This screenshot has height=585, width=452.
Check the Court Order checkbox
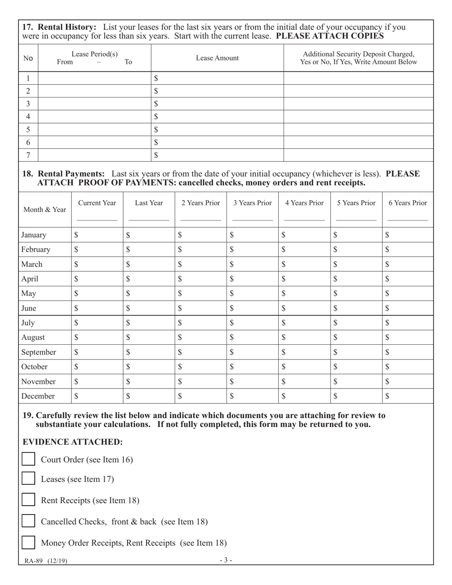(x=29, y=459)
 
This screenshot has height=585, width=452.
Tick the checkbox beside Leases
(x=29, y=479)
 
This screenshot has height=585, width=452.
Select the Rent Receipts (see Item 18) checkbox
(x=29, y=500)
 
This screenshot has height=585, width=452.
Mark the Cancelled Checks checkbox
(x=29, y=521)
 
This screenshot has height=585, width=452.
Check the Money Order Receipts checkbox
(x=29, y=542)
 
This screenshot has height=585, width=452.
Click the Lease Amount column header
(x=217, y=58)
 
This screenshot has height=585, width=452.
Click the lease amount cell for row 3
(x=217, y=104)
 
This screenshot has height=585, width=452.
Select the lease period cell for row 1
(x=94, y=78)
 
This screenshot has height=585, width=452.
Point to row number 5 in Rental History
(x=28, y=129)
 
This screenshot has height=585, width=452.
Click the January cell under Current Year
(x=97, y=234)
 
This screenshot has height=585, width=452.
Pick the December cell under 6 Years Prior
(x=408, y=396)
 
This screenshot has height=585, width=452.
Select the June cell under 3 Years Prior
(x=252, y=308)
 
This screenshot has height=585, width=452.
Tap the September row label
(x=39, y=352)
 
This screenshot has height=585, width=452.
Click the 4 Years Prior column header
(x=304, y=203)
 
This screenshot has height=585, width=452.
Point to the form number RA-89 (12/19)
(x=46, y=561)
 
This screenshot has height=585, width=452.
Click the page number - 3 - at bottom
(x=226, y=560)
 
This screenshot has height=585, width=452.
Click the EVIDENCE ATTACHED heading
(x=73, y=441)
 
